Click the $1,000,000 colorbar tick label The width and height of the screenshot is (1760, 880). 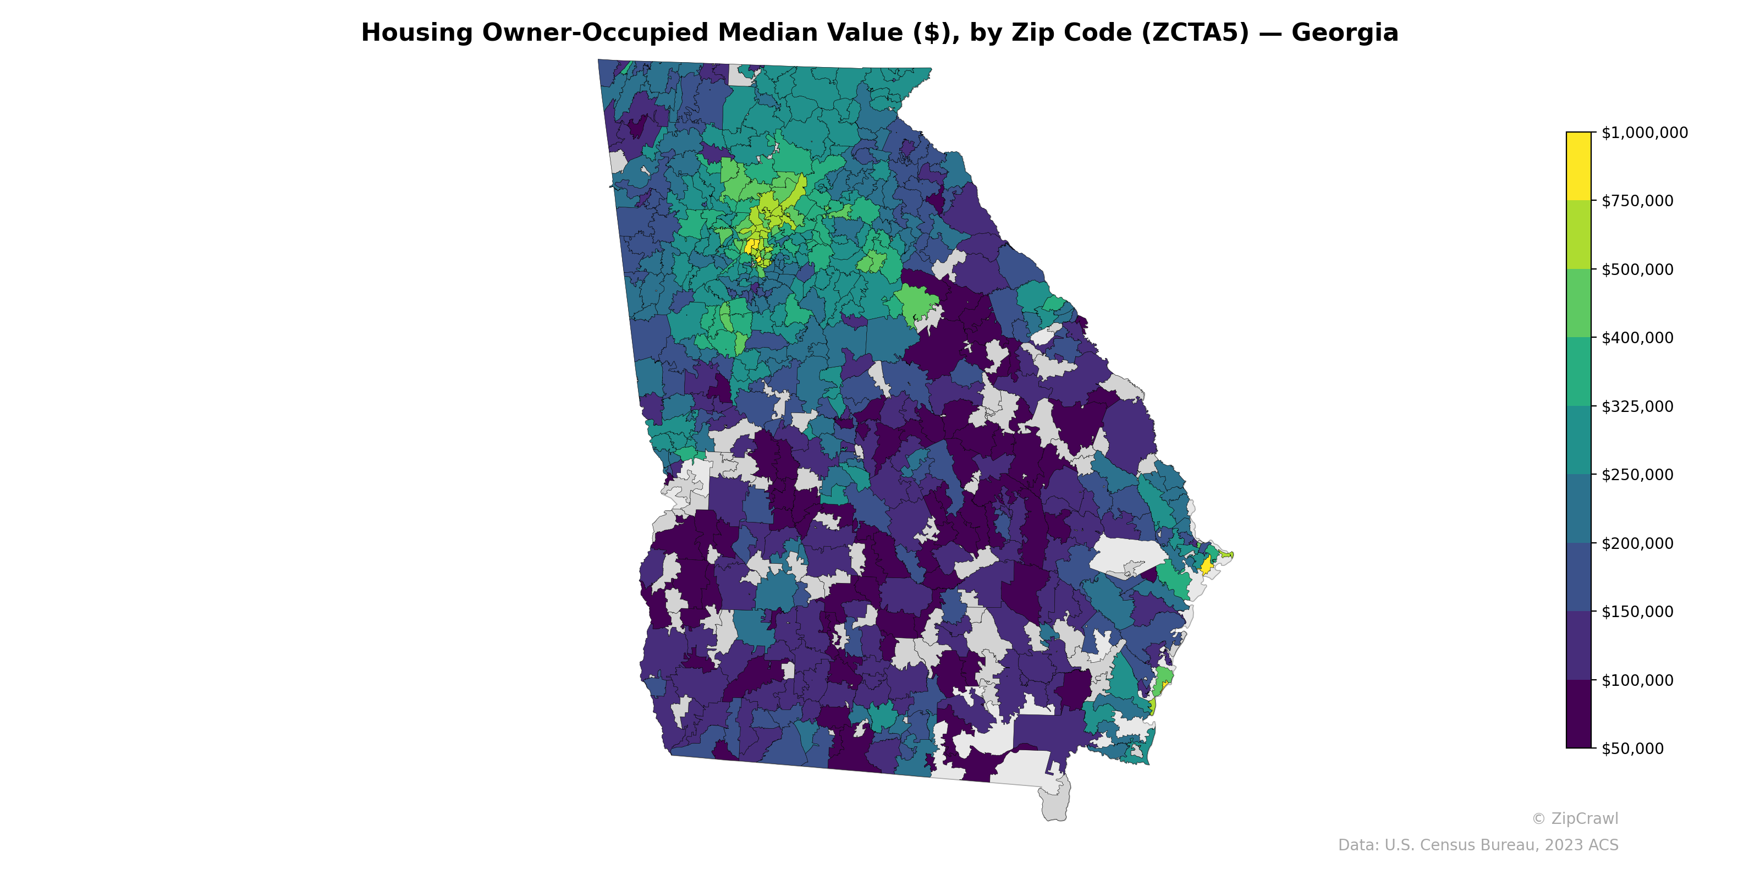(1644, 133)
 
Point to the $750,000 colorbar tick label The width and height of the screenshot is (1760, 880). (1637, 201)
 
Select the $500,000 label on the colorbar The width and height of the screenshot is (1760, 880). (1637, 269)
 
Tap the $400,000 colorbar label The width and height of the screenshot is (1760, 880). (1637, 338)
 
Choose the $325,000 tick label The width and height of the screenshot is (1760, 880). (1637, 406)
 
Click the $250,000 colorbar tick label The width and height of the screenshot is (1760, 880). (1637, 475)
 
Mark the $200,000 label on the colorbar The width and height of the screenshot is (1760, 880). (1637, 543)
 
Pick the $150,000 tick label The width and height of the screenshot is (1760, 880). (1637, 612)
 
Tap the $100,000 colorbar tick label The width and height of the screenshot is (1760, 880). (1637, 680)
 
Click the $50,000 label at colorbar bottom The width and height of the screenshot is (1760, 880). (1632, 748)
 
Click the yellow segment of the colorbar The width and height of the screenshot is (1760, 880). (1579, 166)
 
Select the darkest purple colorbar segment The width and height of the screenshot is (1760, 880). (1579, 714)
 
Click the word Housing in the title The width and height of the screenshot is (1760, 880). (417, 33)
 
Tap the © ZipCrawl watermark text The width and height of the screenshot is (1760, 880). (1574, 818)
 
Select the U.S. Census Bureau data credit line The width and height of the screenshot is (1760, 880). (1477, 845)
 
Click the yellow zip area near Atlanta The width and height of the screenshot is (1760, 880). (751, 245)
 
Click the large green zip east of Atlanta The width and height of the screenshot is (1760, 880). (916, 304)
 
